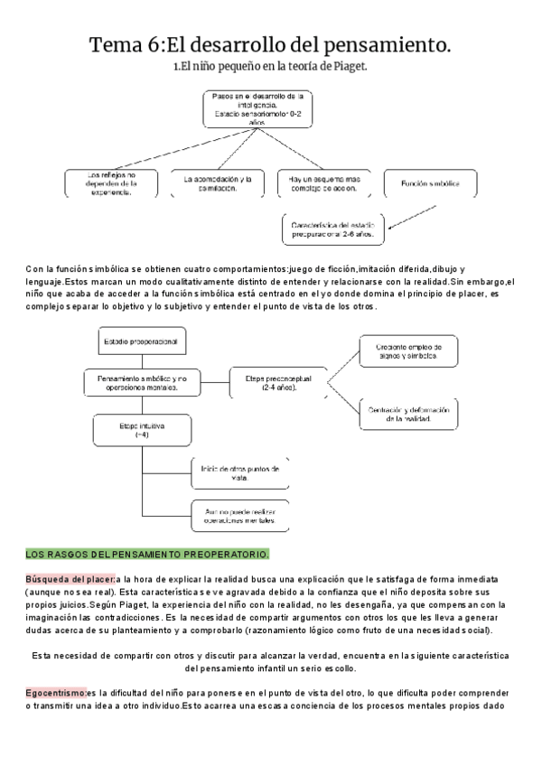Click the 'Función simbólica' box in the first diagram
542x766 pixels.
(424, 183)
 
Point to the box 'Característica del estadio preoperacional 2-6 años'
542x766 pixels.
(332, 229)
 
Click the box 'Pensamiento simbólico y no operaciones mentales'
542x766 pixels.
(140, 382)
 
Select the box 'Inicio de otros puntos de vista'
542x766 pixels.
(239, 474)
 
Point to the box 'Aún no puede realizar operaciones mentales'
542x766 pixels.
(239, 516)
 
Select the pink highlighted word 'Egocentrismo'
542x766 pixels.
(56, 693)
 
